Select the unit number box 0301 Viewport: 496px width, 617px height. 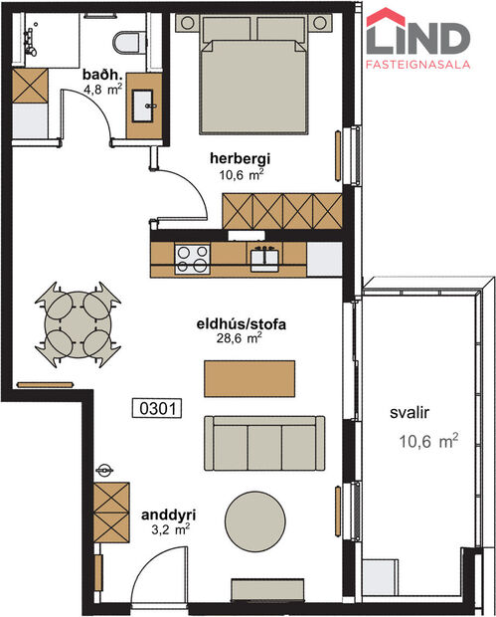(158, 408)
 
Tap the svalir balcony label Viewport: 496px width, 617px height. (409, 409)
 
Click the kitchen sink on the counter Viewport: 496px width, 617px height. (264, 259)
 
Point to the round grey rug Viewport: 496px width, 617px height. (257, 520)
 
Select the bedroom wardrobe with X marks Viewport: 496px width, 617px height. (283, 210)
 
